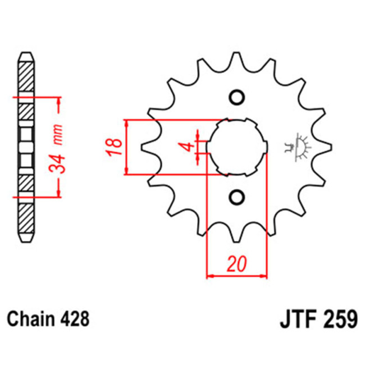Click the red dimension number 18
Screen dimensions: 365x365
click(115, 147)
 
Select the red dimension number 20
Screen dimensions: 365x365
click(236, 263)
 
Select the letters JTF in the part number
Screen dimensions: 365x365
click(296, 320)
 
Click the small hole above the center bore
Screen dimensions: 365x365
click(236, 97)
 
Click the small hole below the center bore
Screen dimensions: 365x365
click(236, 197)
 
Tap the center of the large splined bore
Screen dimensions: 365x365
click(236, 147)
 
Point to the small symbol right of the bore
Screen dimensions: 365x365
click(295, 147)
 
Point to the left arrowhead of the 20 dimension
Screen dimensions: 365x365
click(211, 276)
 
